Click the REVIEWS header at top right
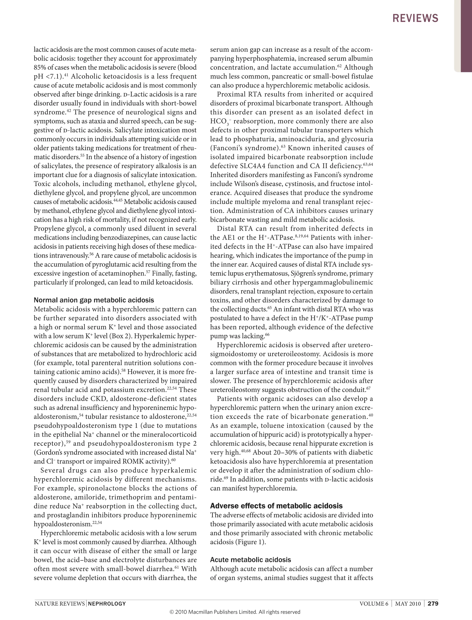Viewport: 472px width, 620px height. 415,18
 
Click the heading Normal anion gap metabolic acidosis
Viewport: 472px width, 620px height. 94,300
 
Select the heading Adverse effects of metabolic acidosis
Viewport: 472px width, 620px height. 276,506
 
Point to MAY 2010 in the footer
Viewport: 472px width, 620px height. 408,604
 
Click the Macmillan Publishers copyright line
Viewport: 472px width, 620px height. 235,612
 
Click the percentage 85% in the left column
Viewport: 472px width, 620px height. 40,68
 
